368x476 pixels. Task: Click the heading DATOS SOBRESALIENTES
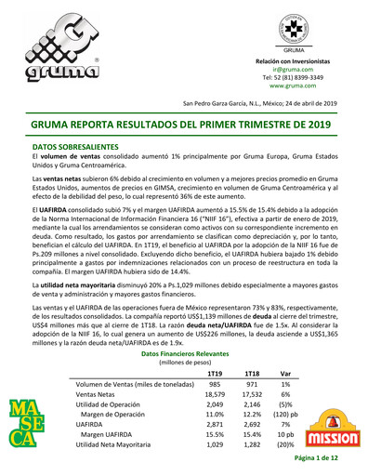click(88, 147)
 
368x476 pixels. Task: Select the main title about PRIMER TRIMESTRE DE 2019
click(183, 123)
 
